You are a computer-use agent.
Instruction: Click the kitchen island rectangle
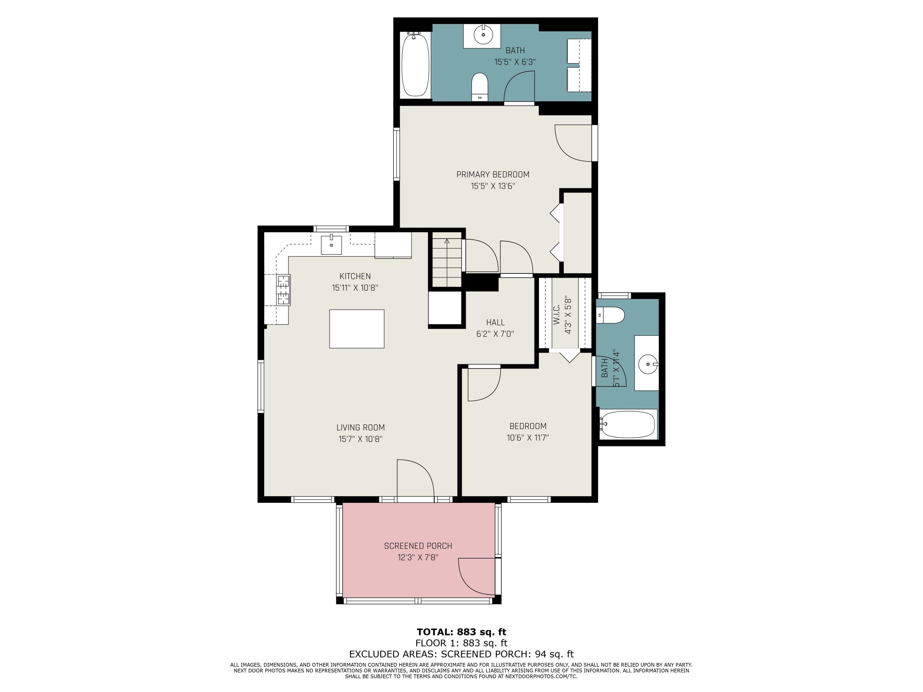pos(357,329)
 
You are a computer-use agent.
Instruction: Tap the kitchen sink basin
pos(331,245)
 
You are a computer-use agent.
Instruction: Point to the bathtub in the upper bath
pos(415,65)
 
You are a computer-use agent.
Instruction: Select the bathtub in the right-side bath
pos(628,424)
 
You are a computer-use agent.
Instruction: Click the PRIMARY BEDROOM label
pos(493,174)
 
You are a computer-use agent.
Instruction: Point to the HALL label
pos(495,322)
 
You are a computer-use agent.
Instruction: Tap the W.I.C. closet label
pos(556,315)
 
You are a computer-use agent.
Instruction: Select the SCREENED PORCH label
pos(418,546)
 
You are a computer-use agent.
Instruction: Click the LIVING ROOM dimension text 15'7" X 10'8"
pos(361,439)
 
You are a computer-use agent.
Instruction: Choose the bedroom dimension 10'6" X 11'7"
pos(528,438)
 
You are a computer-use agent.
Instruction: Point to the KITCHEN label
pos(355,276)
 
